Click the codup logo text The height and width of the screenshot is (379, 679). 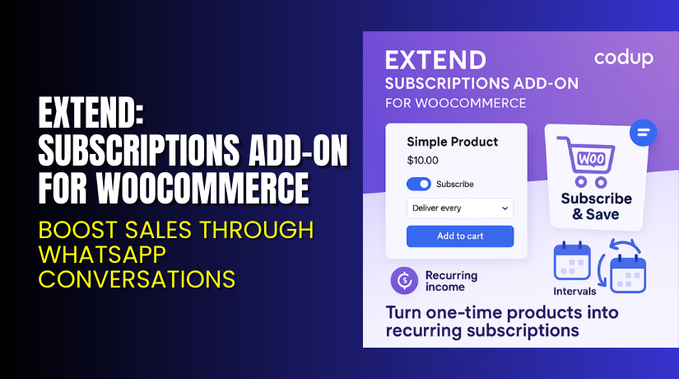[x=624, y=58]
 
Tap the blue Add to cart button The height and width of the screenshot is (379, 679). [x=460, y=236]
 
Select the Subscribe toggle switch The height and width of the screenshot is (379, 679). [x=419, y=184]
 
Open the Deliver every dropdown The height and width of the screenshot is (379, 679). [x=460, y=208]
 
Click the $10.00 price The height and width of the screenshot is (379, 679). [x=422, y=161]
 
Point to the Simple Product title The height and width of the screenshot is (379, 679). [x=452, y=142]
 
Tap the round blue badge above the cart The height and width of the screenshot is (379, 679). [x=643, y=132]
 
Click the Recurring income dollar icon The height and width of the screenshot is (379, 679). [x=404, y=280]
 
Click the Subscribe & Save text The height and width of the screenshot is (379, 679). [x=596, y=207]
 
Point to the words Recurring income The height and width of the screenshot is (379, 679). [x=450, y=281]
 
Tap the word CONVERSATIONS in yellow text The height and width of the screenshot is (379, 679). [x=137, y=278]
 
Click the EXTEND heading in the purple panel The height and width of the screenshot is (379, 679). [x=435, y=60]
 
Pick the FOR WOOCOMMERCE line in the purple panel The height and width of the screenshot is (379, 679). [x=455, y=104]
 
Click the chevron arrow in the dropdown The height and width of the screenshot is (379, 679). [x=504, y=209]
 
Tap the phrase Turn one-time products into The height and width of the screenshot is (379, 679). [x=501, y=313]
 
